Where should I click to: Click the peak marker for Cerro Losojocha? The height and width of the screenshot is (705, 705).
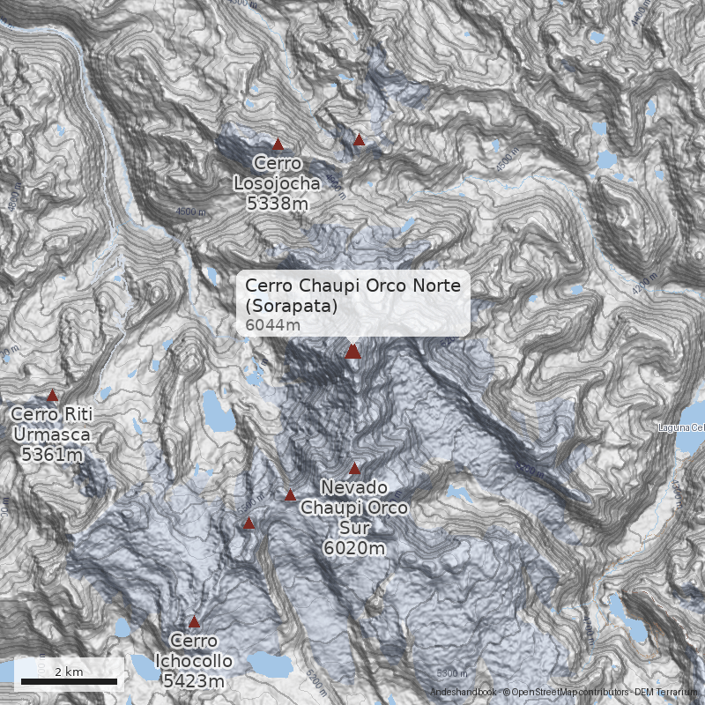point(278,144)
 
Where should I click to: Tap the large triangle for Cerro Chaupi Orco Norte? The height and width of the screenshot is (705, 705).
point(352,352)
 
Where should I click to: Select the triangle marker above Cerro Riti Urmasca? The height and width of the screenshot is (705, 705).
point(52,396)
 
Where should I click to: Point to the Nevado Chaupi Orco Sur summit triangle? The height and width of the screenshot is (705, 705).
point(355,468)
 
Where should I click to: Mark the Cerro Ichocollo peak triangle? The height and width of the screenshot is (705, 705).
point(194,621)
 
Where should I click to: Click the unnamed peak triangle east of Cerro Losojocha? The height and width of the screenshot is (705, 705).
point(359,139)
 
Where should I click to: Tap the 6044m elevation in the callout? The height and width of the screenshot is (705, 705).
point(272,325)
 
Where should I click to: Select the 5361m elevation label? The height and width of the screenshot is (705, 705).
point(49,455)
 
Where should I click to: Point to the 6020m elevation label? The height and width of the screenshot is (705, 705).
point(354,548)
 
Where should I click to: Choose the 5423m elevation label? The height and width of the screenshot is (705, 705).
point(194,680)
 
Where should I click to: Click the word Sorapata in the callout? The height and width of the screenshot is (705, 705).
point(293,307)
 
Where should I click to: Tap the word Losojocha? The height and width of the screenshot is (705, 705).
point(278,183)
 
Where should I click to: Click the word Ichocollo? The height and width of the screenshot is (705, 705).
point(194,661)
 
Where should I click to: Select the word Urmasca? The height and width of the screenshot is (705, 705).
point(51,434)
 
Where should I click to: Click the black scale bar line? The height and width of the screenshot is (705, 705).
point(69,681)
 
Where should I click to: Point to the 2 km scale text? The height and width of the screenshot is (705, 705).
point(69,672)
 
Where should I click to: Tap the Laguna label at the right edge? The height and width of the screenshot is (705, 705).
point(681,428)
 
